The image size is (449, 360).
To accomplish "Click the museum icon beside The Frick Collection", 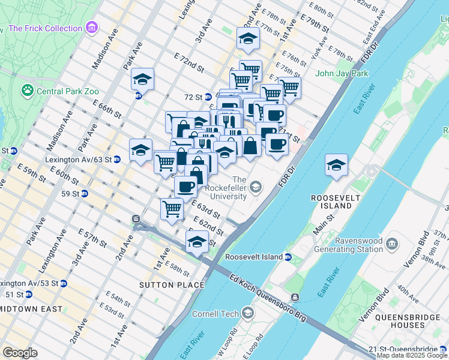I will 91,28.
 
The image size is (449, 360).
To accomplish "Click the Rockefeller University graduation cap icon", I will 256,187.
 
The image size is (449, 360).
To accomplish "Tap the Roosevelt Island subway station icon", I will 288,257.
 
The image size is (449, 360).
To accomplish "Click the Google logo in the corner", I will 20,353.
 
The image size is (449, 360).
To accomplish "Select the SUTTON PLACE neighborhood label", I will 167,284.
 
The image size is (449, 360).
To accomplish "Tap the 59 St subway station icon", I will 85,193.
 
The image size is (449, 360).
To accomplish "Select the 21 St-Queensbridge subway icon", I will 443,349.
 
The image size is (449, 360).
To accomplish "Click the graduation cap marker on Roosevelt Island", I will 336,164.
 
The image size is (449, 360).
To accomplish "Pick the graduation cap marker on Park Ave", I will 142,79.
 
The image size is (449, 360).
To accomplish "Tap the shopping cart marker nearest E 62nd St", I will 172,208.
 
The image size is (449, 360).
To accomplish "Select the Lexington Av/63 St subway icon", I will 117,160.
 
